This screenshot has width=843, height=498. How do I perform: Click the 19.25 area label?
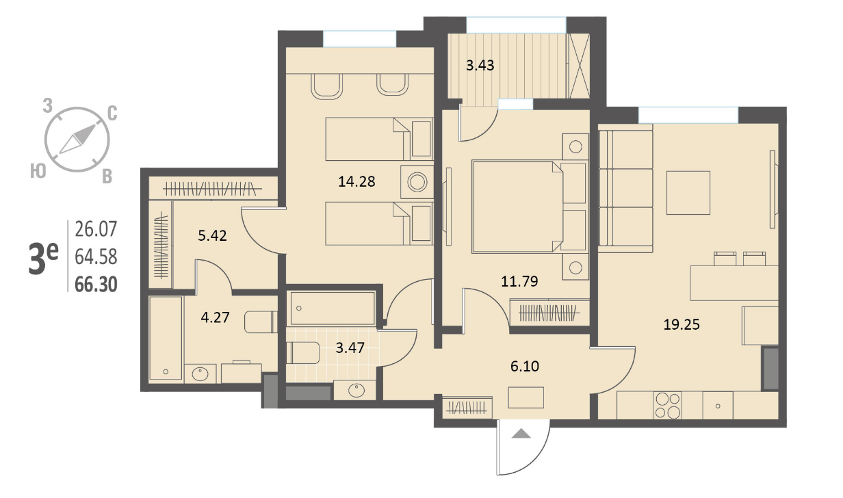pos(682,324)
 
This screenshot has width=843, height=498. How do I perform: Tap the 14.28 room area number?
pos(356,182)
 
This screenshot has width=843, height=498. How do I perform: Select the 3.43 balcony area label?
pos(480,66)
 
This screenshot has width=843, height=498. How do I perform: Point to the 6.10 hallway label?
pos(525,366)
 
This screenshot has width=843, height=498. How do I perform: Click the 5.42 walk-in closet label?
pos(212,236)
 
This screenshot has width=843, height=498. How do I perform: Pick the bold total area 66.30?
pos(96,285)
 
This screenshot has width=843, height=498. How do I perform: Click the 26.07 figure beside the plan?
pos(96,229)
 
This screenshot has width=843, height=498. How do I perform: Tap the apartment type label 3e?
pos(43,259)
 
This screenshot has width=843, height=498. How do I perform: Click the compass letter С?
pos(112,114)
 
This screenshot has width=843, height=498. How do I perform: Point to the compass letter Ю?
pos(38,172)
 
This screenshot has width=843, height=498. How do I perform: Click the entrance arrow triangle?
pos(521,434)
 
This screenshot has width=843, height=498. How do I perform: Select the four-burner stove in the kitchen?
pos(668,406)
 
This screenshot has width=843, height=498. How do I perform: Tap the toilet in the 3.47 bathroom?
pos(302,353)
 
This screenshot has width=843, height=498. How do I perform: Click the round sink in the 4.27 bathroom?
pos(200,374)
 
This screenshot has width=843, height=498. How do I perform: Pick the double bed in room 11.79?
pos(529,207)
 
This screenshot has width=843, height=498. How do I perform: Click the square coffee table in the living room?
pos(688,193)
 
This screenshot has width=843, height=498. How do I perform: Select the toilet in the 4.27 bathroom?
pos(261,322)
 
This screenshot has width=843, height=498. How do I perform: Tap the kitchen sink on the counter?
pos(718,406)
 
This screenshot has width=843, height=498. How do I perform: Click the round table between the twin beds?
pos(417,182)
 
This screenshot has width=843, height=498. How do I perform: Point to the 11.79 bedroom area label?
pos(519,281)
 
